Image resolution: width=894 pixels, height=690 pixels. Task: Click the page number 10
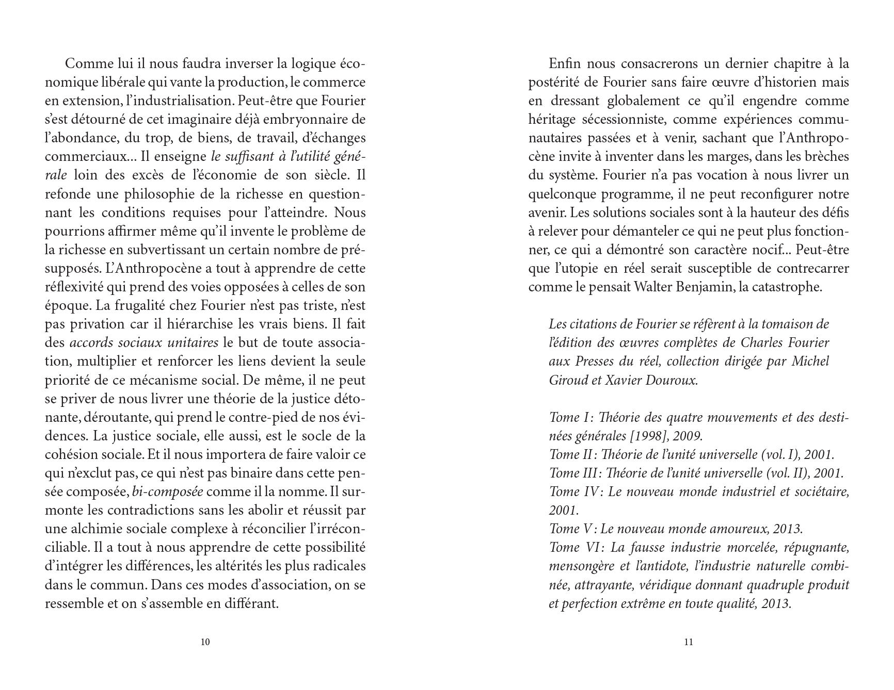(205, 642)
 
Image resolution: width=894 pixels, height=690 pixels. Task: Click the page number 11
(688, 642)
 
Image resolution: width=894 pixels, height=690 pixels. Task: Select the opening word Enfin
(565, 64)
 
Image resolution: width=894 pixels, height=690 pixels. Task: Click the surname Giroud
(568, 380)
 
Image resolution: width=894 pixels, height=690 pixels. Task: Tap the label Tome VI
(573, 547)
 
